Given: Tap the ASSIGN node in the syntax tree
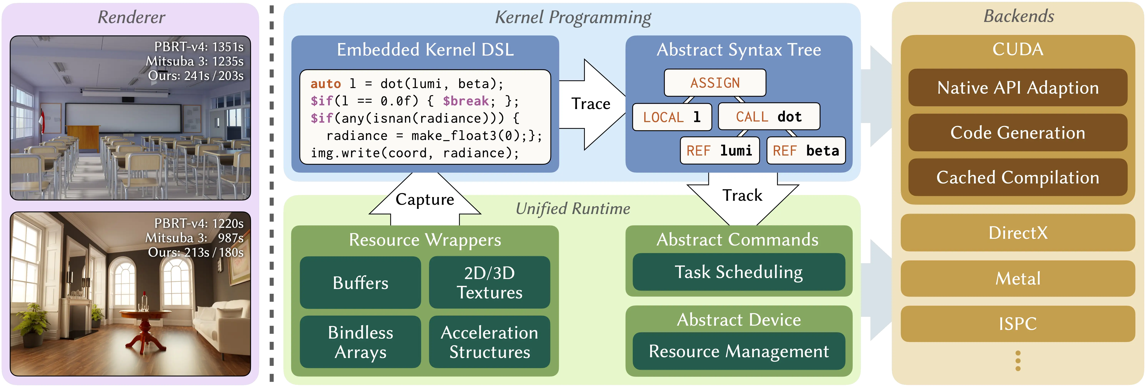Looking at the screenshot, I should coord(715,83).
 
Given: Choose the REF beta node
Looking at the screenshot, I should coord(806,151).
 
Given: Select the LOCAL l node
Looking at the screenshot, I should coord(672,117).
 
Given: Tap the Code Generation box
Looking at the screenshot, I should coord(1018,133).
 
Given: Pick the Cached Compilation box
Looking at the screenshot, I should coord(1018,177).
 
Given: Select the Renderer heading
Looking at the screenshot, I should coord(131,17).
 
